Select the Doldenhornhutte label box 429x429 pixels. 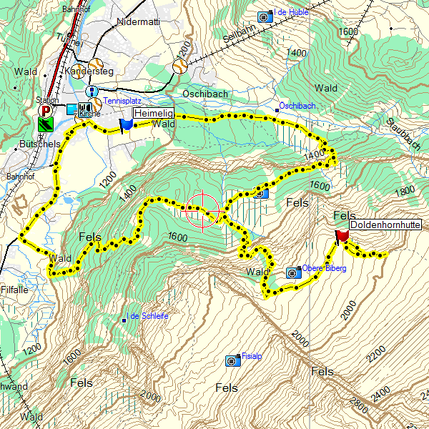click(385, 225)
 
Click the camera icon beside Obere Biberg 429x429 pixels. click(292, 272)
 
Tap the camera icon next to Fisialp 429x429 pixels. click(232, 360)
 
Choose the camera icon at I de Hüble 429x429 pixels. click(265, 15)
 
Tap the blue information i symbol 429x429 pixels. click(92, 92)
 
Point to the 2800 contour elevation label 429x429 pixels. click(360, 408)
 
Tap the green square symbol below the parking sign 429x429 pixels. click(46, 123)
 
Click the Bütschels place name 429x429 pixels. click(37, 144)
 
